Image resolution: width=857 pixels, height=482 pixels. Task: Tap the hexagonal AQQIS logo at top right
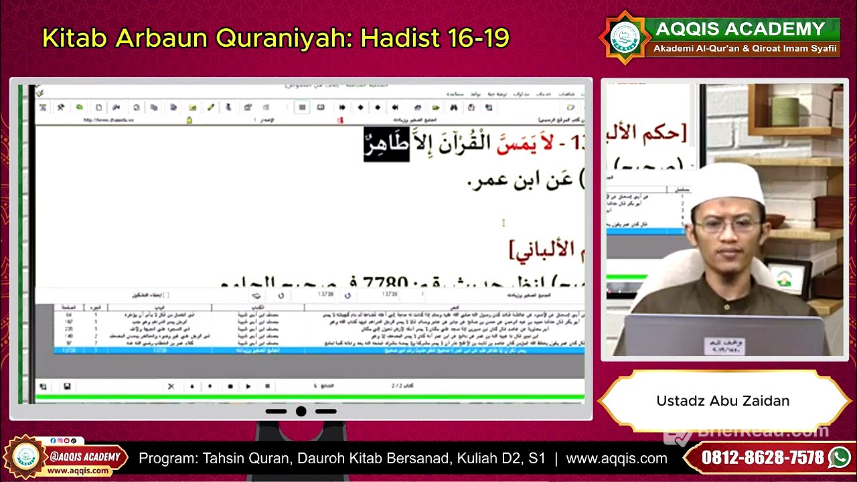(x=625, y=37)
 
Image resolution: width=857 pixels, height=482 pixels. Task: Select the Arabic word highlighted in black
(x=386, y=144)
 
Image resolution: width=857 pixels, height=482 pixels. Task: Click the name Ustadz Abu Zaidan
(x=722, y=401)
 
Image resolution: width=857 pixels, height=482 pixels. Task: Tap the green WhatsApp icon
(x=839, y=458)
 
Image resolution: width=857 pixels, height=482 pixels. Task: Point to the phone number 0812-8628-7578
(x=763, y=458)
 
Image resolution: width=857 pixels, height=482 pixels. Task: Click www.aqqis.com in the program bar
(x=617, y=459)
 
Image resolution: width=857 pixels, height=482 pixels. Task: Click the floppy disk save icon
(x=67, y=386)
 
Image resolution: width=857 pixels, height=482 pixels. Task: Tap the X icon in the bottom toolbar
(x=171, y=386)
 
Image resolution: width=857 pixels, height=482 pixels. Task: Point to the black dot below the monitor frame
(x=301, y=411)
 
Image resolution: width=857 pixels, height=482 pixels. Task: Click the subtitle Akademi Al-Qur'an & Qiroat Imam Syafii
(x=745, y=49)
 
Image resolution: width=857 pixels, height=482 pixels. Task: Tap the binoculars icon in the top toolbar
(x=453, y=107)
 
